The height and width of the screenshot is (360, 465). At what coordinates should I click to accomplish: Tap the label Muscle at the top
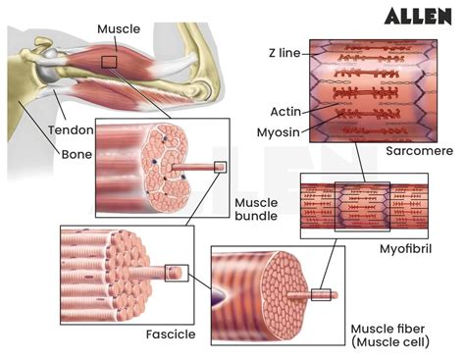click(x=118, y=29)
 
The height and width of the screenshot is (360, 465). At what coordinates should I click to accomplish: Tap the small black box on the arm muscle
click(x=110, y=63)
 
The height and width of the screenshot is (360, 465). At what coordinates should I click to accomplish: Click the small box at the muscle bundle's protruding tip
click(x=220, y=167)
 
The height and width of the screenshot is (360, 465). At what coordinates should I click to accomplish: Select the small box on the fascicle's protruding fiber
click(x=176, y=272)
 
